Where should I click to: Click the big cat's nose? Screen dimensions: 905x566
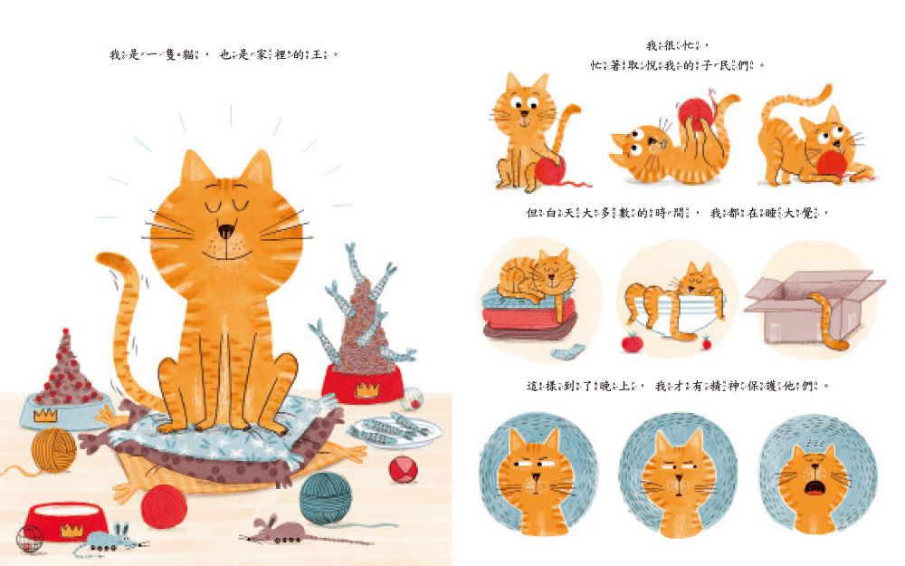click(x=225, y=231)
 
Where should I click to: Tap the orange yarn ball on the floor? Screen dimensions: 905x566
click(x=53, y=450)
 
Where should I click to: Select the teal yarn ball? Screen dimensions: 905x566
click(x=325, y=498)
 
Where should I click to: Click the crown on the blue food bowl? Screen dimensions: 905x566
click(x=45, y=414)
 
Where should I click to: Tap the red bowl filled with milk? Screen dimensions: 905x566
click(x=66, y=522)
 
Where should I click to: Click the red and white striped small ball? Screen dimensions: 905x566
click(x=403, y=469)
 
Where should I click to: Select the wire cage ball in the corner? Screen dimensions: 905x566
click(x=29, y=541)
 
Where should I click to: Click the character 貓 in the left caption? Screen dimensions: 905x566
click(x=188, y=55)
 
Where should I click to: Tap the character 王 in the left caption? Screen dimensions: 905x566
click(x=317, y=55)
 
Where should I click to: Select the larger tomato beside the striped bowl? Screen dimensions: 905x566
click(x=633, y=342)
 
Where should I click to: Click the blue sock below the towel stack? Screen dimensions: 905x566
click(x=568, y=350)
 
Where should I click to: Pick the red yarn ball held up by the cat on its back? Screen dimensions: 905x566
click(x=695, y=114)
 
